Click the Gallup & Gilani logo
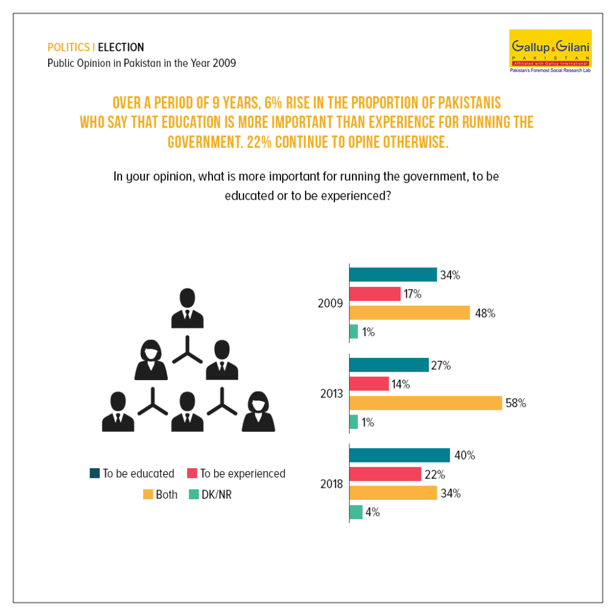550,51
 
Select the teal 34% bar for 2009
393,274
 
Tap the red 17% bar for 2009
375,294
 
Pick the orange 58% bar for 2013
425,403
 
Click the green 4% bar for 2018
356,513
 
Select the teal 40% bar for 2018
399,455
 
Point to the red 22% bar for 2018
385,474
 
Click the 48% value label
485,313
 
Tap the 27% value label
441,365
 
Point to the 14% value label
400,384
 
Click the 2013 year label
331,393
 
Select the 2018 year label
331,484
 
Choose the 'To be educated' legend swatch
94,473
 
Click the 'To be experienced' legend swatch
192,473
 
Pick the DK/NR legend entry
210,494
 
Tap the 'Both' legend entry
160,494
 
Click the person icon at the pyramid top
188,308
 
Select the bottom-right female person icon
258,411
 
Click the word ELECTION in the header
121,47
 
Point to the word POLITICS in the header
69,47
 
